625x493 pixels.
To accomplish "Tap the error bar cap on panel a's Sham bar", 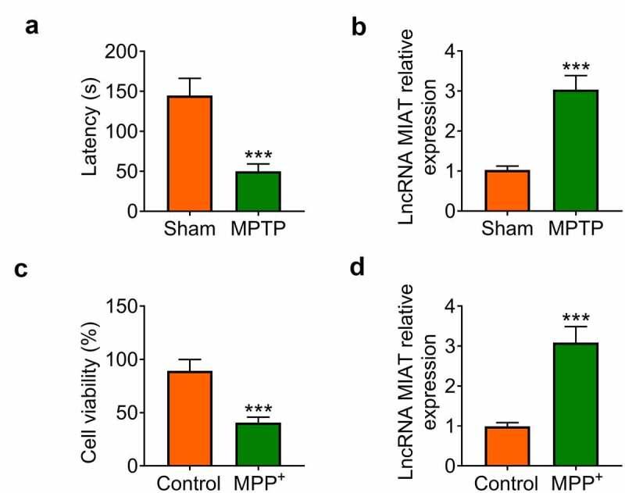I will click(190, 78).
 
